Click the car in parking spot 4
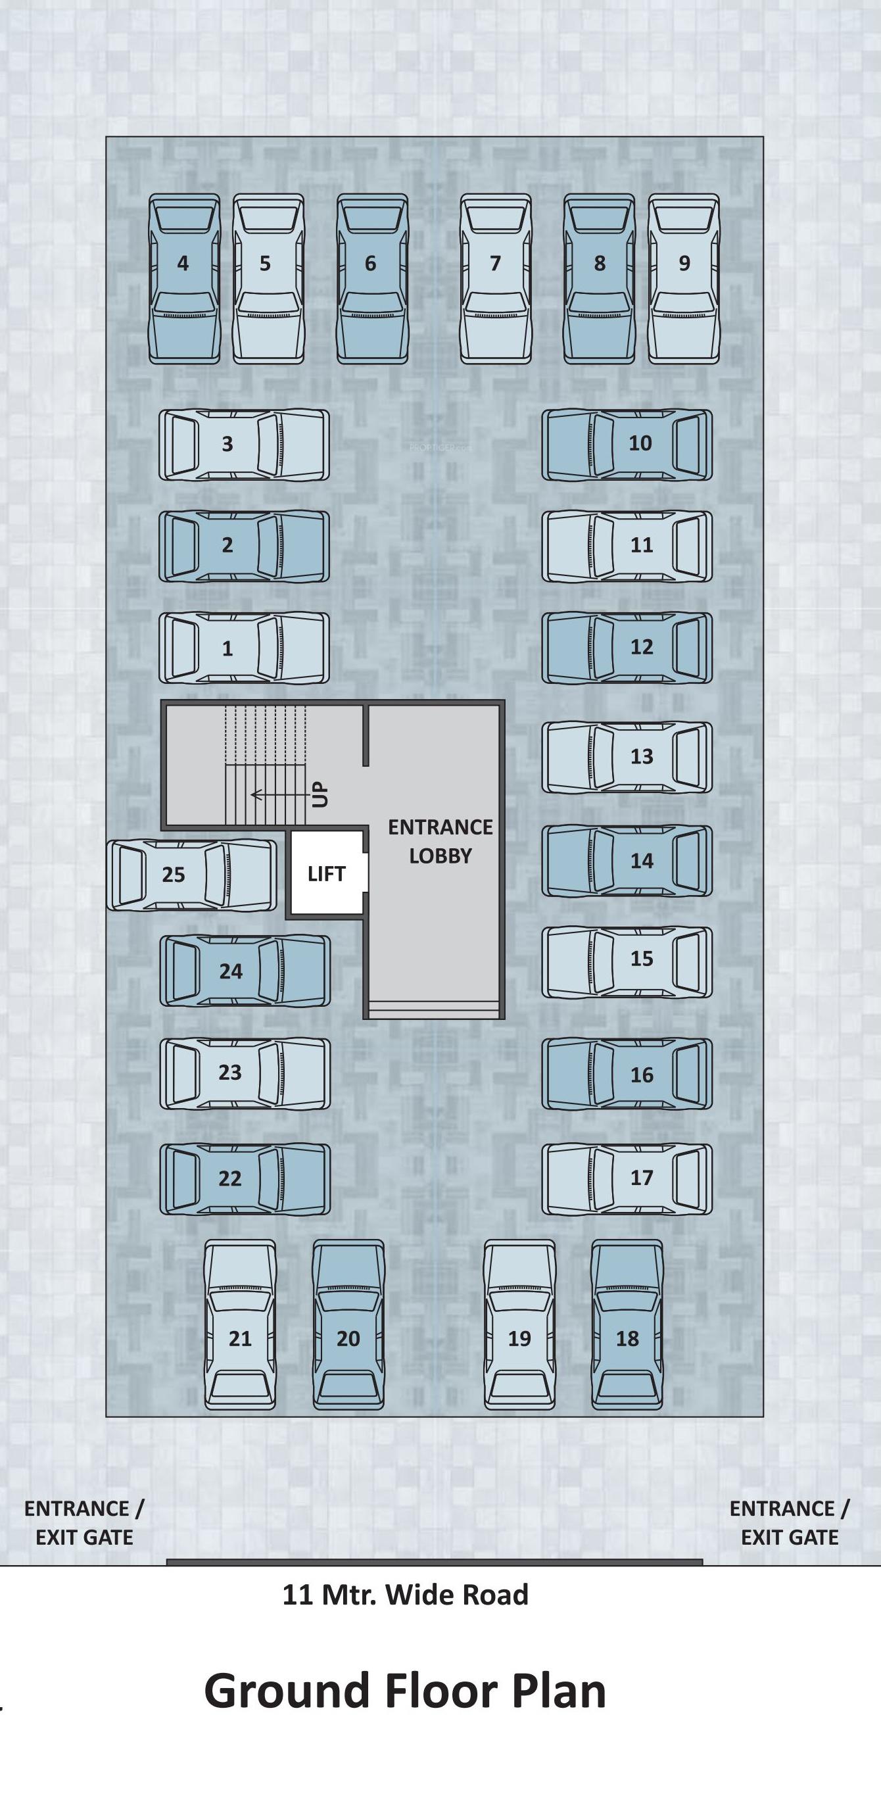184,279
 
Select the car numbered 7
496,279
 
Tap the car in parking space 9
684,279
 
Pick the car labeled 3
244,445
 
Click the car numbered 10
627,445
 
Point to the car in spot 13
627,758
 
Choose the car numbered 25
191,875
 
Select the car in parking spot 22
245,1178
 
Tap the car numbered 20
348,1324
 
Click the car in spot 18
627,1324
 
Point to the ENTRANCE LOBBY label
440,841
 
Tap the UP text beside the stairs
320,795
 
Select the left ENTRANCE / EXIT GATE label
83,1522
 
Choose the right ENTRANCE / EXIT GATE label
790,1522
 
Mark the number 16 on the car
642,1075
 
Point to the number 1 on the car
227,649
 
